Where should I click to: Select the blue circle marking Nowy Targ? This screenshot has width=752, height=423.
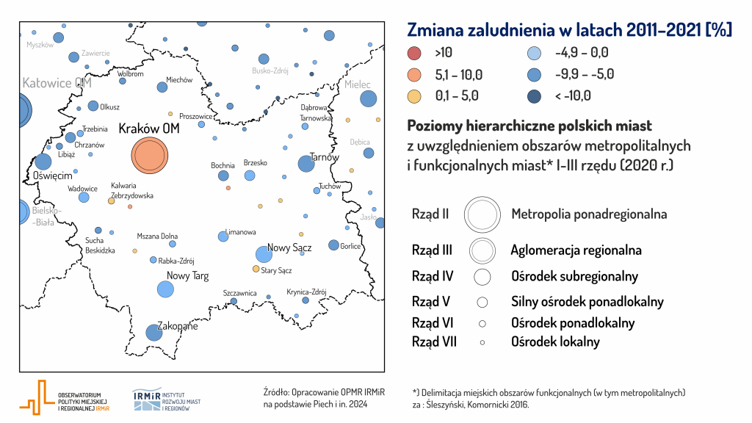pyautogui.click(x=167, y=289)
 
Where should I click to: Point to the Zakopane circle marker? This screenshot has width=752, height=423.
pyautogui.click(x=153, y=333)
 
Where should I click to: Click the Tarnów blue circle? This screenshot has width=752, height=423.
pyautogui.click(x=305, y=164)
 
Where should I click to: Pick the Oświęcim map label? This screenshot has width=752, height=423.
pyautogui.click(x=51, y=176)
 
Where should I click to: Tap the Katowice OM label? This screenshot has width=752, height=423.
pyautogui.click(x=57, y=83)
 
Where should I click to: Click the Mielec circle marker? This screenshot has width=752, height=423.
pyautogui.click(x=368, y=98)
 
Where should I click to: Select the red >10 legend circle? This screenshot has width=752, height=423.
pyautogui.click(x=414, y=53)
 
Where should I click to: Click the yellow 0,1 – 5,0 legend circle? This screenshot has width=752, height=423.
pyautogui.click(x=414, y=95)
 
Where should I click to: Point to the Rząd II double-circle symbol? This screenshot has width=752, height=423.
pyautogui.click(x=482, y=214)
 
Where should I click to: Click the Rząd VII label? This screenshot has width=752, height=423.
pyautogui.click(x=434, y=341)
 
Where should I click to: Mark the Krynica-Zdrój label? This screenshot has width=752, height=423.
pyautogui.click(x=305, y=292)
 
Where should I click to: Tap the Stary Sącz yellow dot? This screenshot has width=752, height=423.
pyautogui.click(x=256, y=269)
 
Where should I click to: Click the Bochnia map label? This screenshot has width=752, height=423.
pyautogui.click(x=223, y=166)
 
